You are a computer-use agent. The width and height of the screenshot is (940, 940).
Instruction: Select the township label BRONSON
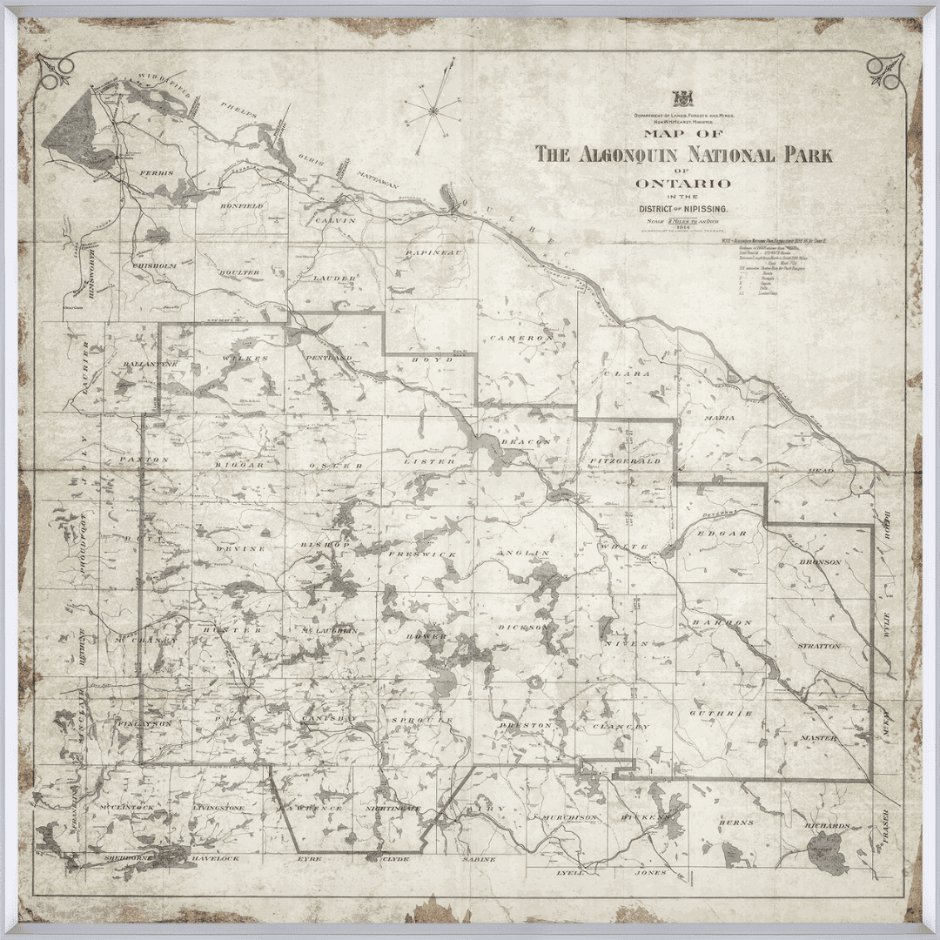820,562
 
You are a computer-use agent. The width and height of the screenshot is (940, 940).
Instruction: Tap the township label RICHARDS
827,825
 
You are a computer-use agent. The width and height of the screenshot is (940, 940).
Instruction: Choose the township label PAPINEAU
433,252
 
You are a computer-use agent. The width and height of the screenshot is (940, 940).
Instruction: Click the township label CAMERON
520,338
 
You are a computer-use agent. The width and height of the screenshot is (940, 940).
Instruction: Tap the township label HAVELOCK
215,859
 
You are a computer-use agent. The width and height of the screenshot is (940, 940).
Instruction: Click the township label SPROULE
423,721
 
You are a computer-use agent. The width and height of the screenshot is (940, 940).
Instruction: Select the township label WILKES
240,358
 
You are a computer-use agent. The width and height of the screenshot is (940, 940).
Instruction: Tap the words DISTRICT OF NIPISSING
684,210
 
